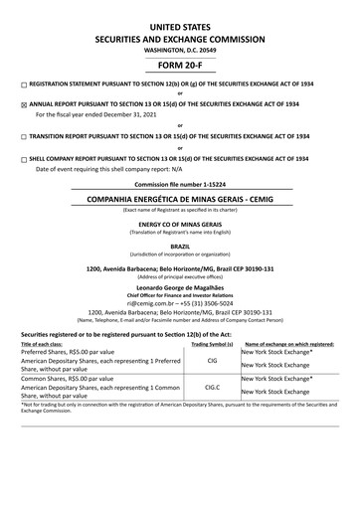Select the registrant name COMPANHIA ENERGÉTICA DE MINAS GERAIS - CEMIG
[x=180, y=199]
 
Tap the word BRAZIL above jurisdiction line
[x=180, y=245]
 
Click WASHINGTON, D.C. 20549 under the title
[x=180, y=50]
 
